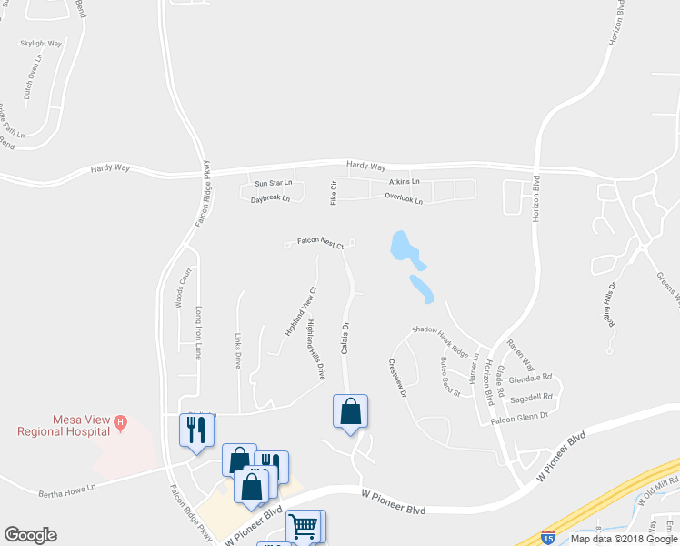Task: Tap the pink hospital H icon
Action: (120, 421)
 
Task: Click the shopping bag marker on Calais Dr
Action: (351, 412)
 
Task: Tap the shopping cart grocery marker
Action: (304, 526)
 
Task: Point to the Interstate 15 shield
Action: (548, 537)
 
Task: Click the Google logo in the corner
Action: (30, 535)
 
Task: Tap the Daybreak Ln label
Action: (270, 197)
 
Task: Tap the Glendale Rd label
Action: (531, 377)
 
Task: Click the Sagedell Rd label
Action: (532, 397)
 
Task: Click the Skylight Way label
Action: (41, 43)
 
